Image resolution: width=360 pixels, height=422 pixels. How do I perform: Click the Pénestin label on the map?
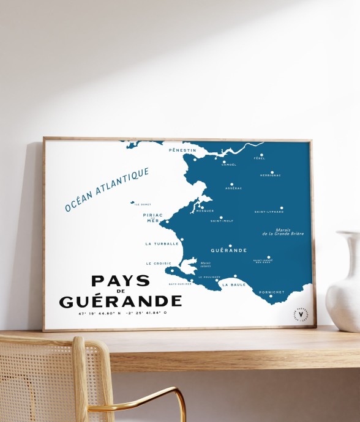182,150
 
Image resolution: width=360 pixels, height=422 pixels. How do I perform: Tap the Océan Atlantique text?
107,190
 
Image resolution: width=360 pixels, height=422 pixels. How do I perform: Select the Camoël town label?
228,165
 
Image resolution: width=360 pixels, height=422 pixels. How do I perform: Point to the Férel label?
260,159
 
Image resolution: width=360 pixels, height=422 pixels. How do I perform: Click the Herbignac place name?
271,176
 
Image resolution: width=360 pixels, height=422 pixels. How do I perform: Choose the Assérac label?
233,188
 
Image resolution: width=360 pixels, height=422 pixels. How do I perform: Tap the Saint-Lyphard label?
269,212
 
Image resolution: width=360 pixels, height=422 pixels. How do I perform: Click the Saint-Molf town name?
222,221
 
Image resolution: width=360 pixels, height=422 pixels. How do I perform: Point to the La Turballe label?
162,243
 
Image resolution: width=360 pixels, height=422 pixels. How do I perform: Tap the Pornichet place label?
271,292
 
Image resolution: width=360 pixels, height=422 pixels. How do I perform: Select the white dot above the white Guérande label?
230,246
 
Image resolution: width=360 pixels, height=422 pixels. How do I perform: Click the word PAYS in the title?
121,281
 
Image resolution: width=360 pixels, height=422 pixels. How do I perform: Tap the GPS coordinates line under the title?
122,313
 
